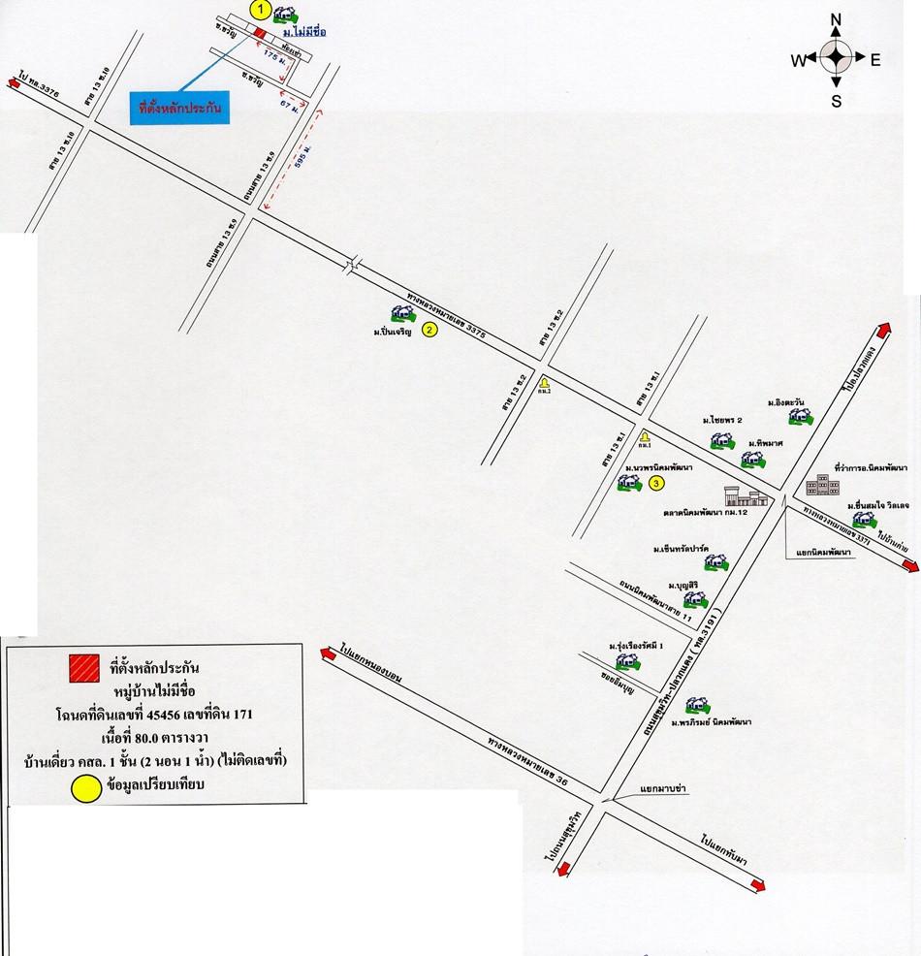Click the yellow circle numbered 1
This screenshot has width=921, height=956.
click(259, 9)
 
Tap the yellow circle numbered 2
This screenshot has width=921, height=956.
click(430, 329)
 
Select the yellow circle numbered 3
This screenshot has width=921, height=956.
click(656, 482)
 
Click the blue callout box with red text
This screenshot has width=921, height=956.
click(180, 109)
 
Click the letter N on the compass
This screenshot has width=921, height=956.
click(837, 20)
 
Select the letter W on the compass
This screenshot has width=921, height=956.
click(797, 60)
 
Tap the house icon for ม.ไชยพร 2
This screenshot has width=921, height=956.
click(721, 440)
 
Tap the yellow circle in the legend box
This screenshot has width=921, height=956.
click(85, 787)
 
